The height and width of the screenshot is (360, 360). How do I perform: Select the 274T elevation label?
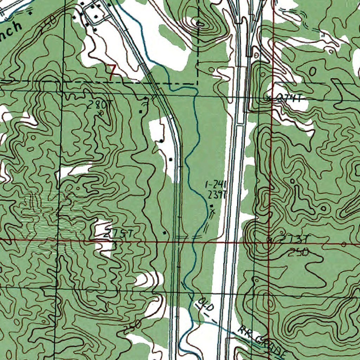(289, 99)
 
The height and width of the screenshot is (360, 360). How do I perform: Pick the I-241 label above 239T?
(216, 184)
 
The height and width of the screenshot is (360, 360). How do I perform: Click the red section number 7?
(112, 73)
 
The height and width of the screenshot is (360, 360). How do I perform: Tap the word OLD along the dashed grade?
(205, 304)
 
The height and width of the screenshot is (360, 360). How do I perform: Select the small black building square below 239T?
(211, 206)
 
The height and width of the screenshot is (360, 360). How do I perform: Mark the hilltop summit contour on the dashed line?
(199, 24)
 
